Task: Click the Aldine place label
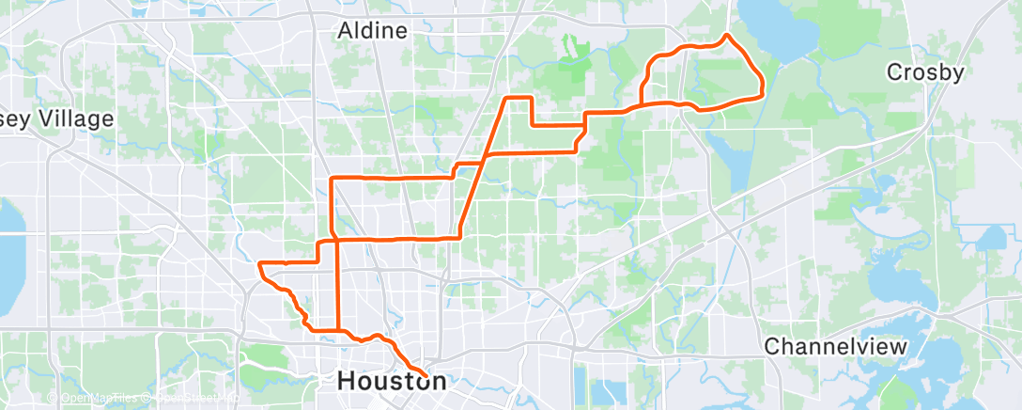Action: click(373, 31)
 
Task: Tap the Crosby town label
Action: click(925, 72)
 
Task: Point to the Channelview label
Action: click(836, 346)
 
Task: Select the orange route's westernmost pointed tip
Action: click(258, 263)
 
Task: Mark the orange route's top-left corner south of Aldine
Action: click(332, 178)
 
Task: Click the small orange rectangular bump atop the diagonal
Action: click(519, 98)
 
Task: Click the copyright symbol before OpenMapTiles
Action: click(54, 399)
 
